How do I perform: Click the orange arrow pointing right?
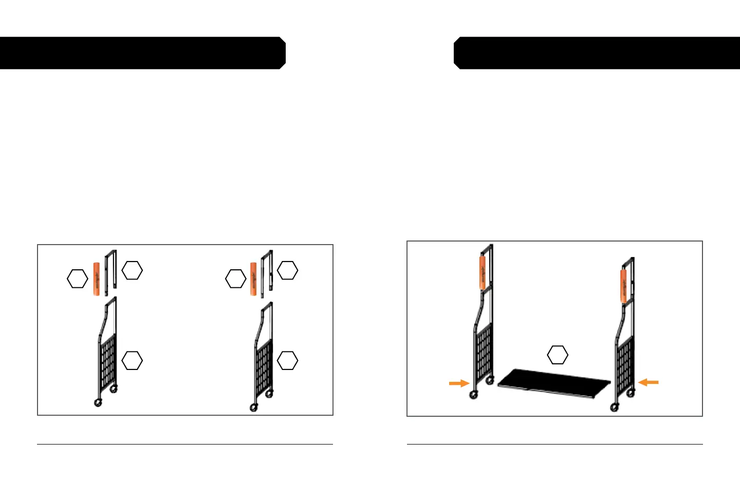click(459, 383)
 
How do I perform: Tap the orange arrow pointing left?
click(649, 382)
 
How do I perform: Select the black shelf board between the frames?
click(554, 383)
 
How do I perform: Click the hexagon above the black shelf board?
click(558, 355)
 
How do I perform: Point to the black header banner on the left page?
click(142, 53)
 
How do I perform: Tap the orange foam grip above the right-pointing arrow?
click(483, 272)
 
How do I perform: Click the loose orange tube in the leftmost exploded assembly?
click(97, 279)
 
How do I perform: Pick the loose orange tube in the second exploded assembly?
click(253, 279)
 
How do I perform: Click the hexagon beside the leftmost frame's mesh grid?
click(132, 360)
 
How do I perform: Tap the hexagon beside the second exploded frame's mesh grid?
click(288, 360)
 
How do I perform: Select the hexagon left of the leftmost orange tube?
click(78, 279)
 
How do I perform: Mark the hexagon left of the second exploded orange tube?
click(236, 279)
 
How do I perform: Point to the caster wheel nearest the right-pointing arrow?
click(473, 395)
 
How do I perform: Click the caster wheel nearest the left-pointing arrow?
click(630, 393)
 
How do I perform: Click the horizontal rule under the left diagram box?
click(185, 444)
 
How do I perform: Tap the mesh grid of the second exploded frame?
click(265, 365)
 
